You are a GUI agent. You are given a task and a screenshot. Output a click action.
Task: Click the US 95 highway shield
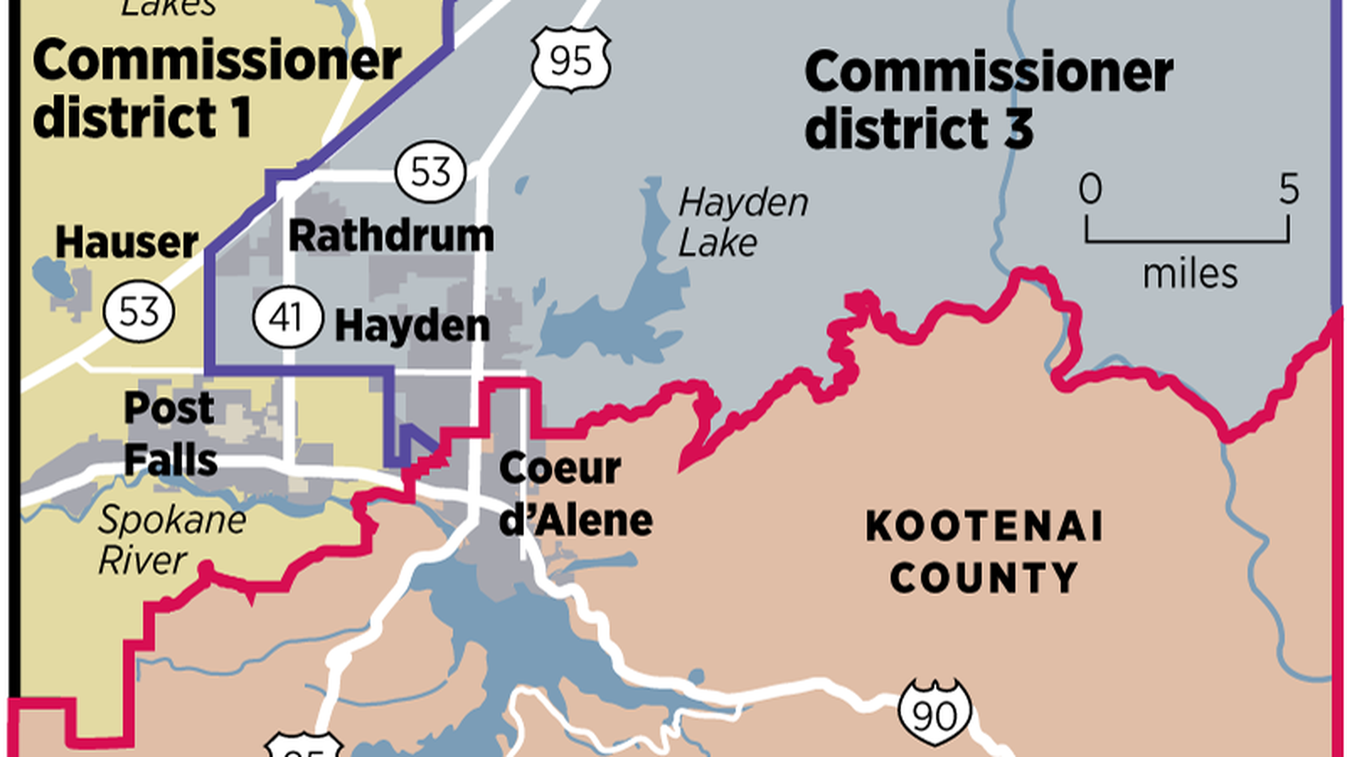[571, 59]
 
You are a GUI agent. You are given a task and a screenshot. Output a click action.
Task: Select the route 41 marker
[288, 317]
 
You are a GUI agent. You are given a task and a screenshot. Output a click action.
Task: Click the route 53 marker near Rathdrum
[430, 172]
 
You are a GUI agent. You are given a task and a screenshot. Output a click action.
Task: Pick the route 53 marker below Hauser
[138, 311]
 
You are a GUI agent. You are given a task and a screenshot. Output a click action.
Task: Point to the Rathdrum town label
[391, 236]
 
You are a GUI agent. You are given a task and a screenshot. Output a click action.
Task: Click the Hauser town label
[127, 242]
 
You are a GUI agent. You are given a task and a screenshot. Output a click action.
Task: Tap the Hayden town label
[412, 326]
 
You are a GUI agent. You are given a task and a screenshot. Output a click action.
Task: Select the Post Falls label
[170, 434]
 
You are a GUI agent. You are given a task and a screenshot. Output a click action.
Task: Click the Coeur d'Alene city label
[575, 494]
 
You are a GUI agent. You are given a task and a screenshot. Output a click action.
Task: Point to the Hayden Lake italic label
[742, 222]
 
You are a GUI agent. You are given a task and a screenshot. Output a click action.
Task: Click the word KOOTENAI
[984, 526]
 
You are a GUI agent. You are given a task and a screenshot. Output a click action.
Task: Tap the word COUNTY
[984, 578]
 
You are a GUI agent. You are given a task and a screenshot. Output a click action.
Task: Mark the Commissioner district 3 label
[989, 99]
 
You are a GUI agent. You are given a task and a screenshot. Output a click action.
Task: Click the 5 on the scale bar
[1289, 189]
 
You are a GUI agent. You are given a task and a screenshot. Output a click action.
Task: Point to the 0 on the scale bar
[1090, 189]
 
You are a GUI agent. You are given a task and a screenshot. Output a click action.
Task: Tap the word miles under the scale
[1190, 274]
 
